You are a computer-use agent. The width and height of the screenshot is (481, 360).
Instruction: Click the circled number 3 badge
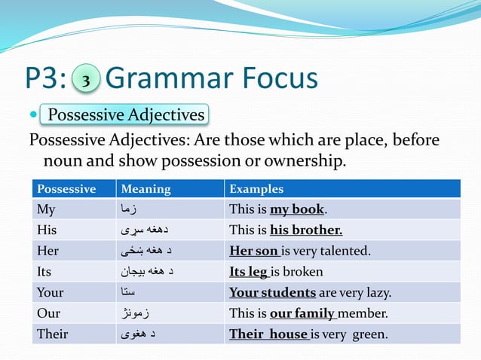coord(87,81)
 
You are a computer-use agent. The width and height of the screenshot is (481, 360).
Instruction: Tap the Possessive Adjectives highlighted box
coord(125,115)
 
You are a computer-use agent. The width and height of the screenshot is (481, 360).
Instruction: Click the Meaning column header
coord(146,189)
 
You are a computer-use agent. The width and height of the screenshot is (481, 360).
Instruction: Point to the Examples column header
coord(256,189)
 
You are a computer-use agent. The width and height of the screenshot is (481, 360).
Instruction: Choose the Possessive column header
coord(66,189)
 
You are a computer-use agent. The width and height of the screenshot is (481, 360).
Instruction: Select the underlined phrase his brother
coord(305,230)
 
